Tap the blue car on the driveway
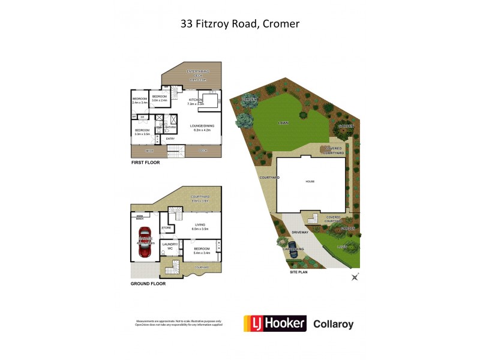click(x=293, y=252)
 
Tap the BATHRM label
click(x=170, y=127)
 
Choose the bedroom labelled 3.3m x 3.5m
click(x=142, y=132)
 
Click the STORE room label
click(x=166, y=228)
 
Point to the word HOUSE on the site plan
click(x=310, y=181)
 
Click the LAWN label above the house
click(x=283, y=122)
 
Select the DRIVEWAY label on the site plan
click(x=300, y=231)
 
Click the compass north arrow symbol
click(x=355, y=277)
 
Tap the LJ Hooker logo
click(x=274, y=324)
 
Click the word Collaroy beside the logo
click(x=334, y=325)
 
